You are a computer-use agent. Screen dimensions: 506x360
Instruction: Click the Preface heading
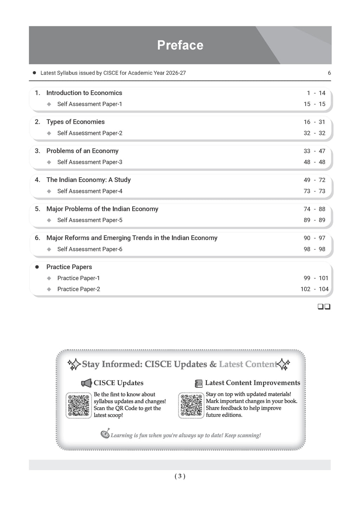click(x=180, y=45)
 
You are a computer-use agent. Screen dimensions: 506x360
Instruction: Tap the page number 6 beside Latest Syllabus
click(x=329, y=73)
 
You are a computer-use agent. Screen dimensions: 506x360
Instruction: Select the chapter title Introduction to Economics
click(x=84, y=93)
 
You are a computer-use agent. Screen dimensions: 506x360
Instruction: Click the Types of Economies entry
click(x=75, y=122)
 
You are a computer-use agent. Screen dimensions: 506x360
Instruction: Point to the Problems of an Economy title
click(x=82, y=151)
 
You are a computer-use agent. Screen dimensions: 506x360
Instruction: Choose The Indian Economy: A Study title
click(x=88, y=180)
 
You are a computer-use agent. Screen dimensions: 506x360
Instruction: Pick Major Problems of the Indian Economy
click(x=102, y=209)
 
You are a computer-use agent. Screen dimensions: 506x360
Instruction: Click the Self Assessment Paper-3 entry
click(x=90, y=162)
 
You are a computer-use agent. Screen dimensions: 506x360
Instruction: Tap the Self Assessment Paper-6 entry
click(x=90, y=249)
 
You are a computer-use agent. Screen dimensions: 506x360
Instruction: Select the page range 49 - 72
click(x=314, y=180)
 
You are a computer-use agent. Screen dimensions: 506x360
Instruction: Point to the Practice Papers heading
click(x=69, y=267)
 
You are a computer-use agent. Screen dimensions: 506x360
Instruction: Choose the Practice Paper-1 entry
click(x=78, y=278)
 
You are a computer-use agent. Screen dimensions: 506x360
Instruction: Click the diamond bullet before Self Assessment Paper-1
click(x=49, y=104)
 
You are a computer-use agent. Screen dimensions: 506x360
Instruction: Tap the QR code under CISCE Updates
click(x=78, y=405)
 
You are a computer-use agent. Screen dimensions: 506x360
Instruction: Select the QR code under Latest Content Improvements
click(x=191, y=405)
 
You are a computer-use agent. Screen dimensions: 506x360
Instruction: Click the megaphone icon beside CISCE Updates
click(x=86, y=383)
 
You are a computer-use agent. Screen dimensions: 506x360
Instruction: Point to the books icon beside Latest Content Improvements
click(x=199, y=383)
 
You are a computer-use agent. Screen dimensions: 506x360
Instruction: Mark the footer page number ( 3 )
click(x=180, y=476)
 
